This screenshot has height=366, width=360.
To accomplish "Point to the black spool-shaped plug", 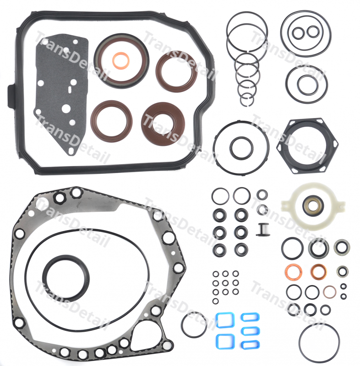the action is point(262,229).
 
